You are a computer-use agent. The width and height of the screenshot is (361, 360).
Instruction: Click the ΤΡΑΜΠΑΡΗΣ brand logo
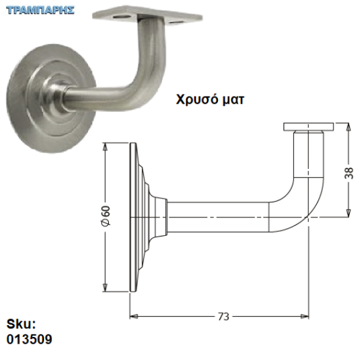tap(40, 11)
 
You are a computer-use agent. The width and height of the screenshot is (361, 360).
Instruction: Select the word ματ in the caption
tap(233, 101)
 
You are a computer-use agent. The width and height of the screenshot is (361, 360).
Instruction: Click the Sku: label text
tap(21, 324)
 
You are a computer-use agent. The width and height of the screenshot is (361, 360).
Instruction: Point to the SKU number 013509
tap(30, 339)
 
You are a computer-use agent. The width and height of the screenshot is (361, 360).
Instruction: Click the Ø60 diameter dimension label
tap(106, 215)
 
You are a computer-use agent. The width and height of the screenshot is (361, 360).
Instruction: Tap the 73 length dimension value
tap(223, 317)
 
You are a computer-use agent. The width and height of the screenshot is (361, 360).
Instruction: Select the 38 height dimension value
tap(349, 173)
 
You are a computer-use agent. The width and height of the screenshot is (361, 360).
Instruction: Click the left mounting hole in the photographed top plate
tap(123, 17)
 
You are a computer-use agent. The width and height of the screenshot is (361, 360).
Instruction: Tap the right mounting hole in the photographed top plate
tap(176, 22)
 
